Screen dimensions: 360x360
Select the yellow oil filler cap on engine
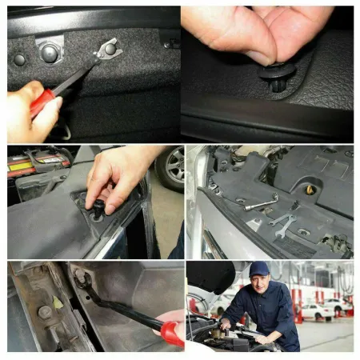310,191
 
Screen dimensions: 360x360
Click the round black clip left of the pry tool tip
50,54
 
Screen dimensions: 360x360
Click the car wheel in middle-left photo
170,168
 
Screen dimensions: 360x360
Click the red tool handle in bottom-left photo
170,332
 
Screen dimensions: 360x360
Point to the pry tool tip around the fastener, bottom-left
82,279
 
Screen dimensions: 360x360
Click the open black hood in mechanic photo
210,276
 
